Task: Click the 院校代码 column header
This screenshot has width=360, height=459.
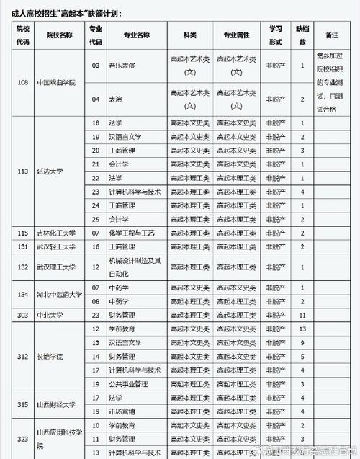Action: [x=23, y=34]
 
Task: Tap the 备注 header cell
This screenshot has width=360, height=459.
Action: [x=332, y=34]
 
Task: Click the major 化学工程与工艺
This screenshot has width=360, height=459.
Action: [x=132, y=233]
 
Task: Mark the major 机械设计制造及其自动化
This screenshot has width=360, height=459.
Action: [x=132, y=267]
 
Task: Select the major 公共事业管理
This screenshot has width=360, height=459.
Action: [x=130, y=383]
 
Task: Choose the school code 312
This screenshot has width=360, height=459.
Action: [x=23, y=356]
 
